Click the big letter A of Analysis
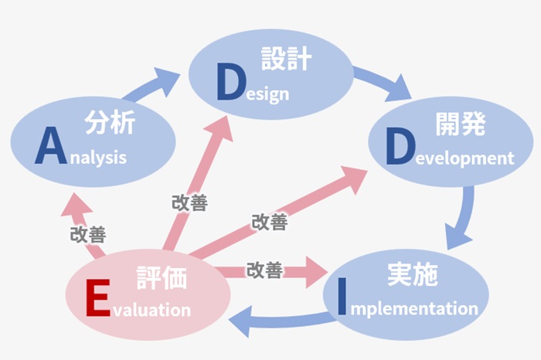(x=51, y=146)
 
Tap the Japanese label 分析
(x=110, y=122)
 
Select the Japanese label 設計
(x=287, y=59)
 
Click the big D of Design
(x=232, y=82)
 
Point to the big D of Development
(x=400, y=146)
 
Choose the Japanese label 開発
(x=461, y=124)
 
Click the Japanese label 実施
(x=413, y=274)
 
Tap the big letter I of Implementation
(x=342, y=296)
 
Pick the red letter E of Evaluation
(x=98, y=297)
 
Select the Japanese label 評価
(x=162, y=277)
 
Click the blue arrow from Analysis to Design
(x=151, y=84)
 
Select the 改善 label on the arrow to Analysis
(x=88, y=235)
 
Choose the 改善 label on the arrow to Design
(x=190, y=202)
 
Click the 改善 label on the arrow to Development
(x=270, y=222)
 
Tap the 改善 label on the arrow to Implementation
(x=264, y=270)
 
